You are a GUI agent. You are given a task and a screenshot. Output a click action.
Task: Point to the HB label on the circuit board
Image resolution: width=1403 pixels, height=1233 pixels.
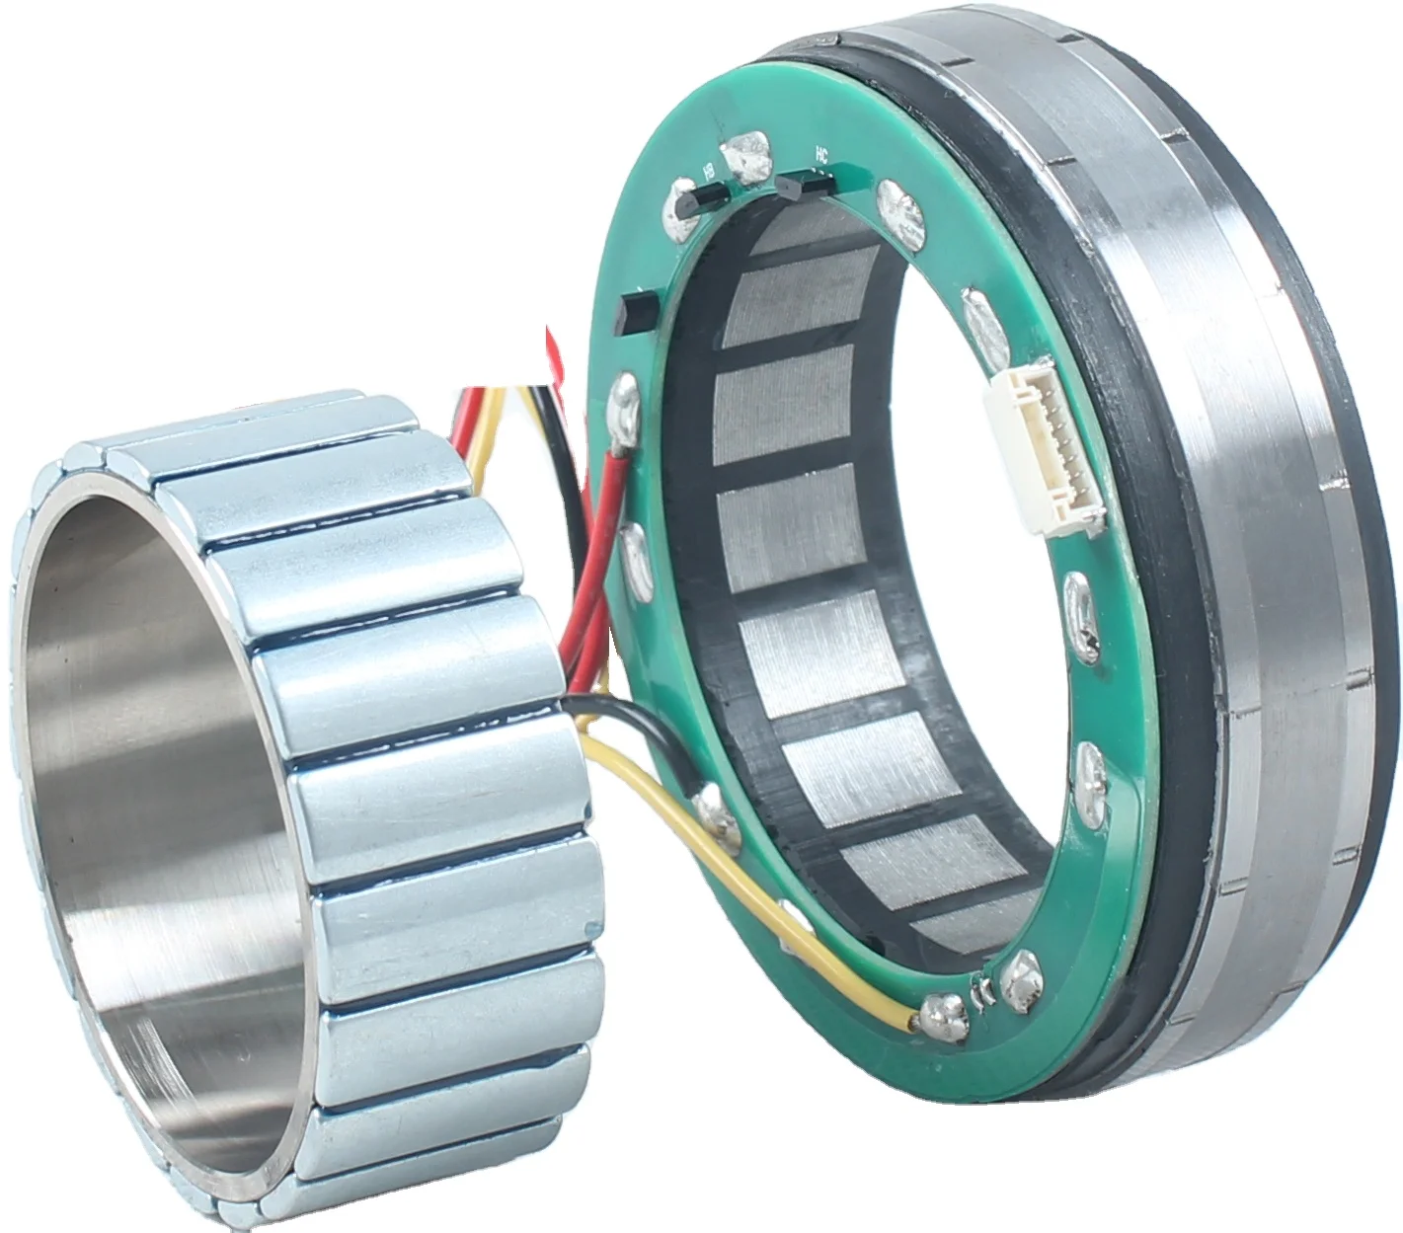[x=708, y=172]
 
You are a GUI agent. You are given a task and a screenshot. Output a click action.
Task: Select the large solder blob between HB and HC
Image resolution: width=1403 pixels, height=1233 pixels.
[x=746, y=157]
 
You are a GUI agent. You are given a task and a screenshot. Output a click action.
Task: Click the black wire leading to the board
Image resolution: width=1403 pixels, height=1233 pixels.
[x=632, y=711]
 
